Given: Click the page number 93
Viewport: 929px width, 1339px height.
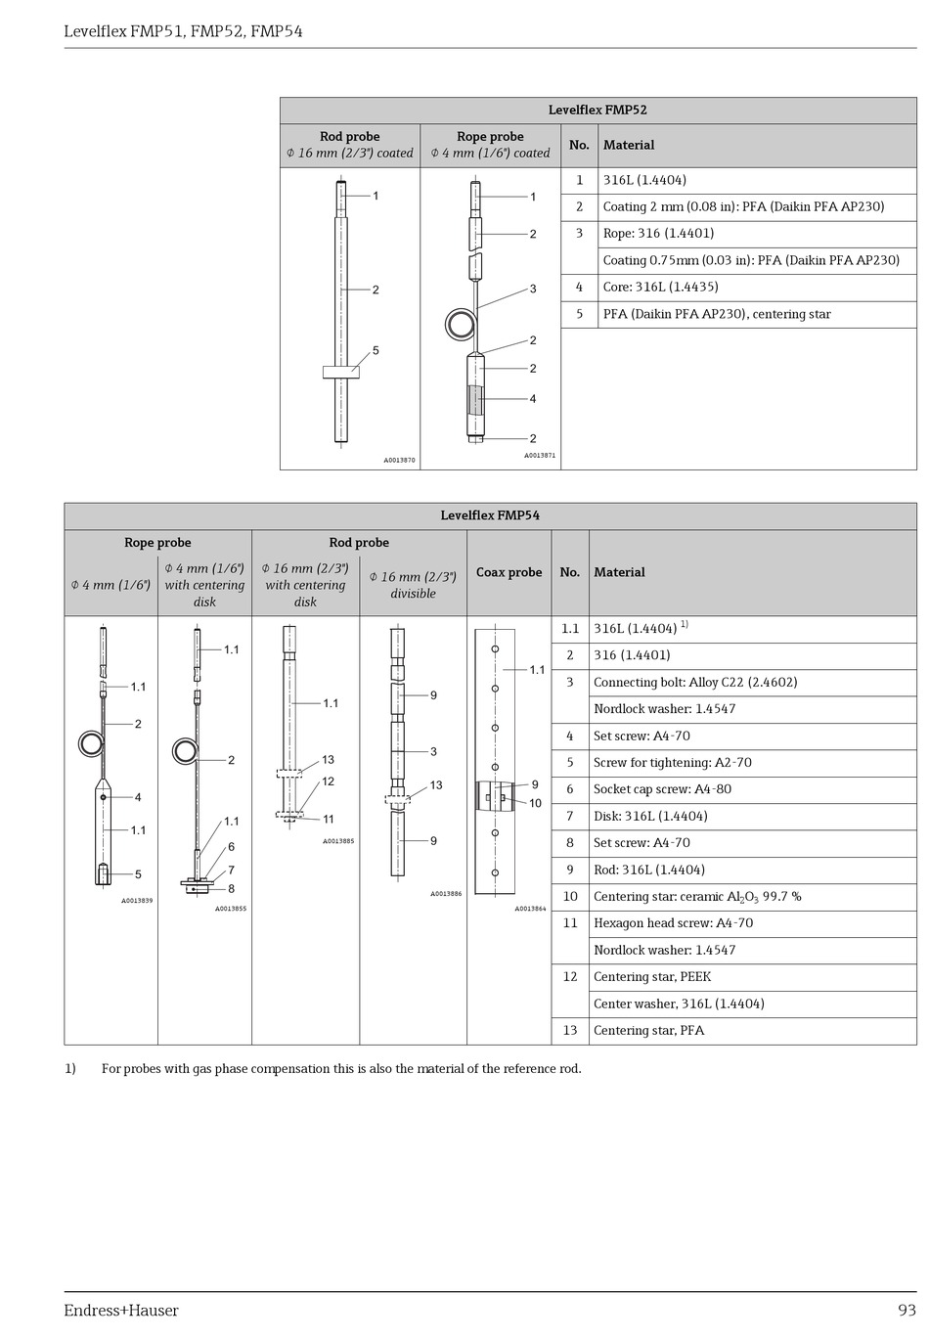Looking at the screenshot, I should pos(907,1311).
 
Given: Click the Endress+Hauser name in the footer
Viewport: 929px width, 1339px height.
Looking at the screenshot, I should pos(121,1311).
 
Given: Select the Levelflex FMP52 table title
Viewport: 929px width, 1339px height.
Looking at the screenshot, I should pos(597,111).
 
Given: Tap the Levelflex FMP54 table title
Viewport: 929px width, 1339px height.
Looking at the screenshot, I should pos(490,515).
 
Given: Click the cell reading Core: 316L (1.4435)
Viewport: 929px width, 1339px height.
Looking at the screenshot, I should pos(660,288).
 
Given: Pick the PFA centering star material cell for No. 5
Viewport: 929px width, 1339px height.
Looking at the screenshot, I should pos(716,314).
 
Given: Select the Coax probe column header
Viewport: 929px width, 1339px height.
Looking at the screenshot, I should pos(509,572).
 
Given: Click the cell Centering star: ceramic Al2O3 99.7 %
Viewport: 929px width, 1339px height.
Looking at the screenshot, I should pos(696,897).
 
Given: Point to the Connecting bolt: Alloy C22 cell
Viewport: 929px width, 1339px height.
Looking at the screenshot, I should pos(694,683).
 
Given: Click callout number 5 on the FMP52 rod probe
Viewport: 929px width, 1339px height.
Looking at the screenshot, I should pos(376,351).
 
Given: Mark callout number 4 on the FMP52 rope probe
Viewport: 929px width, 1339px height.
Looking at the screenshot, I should pos(533,399).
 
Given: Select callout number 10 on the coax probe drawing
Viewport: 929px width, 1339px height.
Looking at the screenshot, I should pos(535,804).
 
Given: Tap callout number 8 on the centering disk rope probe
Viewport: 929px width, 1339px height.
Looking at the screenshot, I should pos(232,889).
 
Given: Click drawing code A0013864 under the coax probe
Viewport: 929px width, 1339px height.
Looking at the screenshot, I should pos(530,909).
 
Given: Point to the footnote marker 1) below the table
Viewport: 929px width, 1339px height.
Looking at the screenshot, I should pos(70,1069).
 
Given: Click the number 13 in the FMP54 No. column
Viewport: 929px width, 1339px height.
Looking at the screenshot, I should pos(570,1031).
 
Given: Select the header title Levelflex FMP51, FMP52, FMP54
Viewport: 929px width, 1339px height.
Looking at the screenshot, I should pos(183,31).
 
